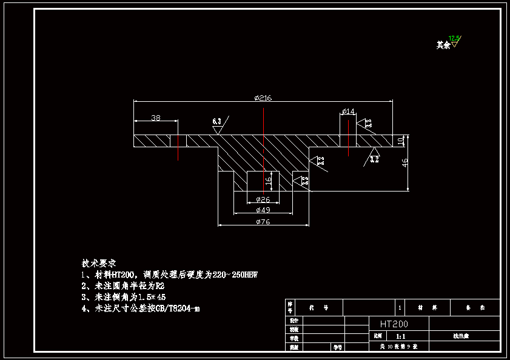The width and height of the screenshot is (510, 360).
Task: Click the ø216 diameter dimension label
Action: click(263, 98)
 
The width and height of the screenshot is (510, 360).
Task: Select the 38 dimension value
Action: click(156, 118)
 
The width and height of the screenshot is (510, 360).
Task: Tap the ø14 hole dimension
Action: click(349, 111)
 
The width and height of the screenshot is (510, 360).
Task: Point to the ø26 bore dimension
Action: click(263, 199)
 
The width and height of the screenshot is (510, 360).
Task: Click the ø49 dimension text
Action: click(263, 210)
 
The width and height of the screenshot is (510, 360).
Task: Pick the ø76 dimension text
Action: click(263, 222)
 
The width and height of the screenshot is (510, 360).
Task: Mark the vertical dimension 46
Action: click(405, 162)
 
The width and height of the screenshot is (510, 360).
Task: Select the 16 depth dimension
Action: click(269, 180)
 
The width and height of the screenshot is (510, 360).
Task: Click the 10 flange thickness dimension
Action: click(401, 141)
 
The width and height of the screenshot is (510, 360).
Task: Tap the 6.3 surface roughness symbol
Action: click(216, 122)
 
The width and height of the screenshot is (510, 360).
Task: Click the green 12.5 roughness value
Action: click(454, 39)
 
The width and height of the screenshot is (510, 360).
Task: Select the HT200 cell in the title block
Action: click(394, 324)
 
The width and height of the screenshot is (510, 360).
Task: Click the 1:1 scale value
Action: click(400, 335)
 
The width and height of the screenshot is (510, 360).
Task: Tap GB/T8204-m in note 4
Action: click(178, 308)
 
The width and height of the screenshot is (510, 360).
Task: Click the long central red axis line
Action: click(264, 152)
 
